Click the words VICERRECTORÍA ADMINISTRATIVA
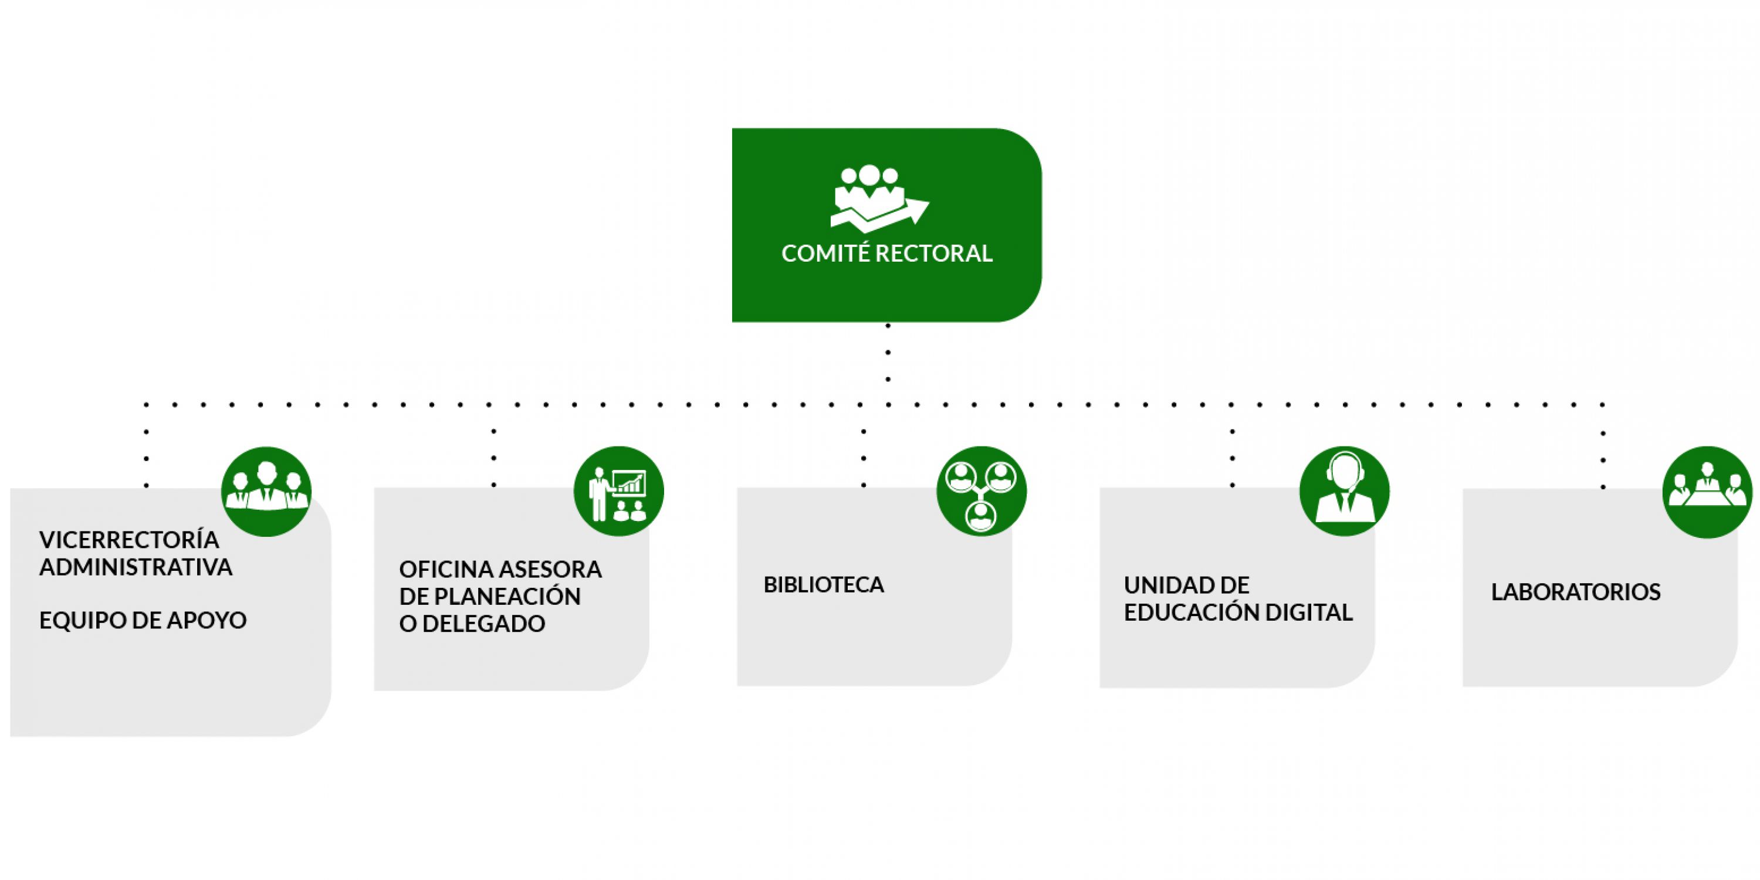coord(136,553)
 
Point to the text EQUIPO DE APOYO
coord(143,620)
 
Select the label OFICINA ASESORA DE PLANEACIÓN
coord(500,582)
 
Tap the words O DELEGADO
coord(472,624)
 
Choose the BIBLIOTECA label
coord(823,585)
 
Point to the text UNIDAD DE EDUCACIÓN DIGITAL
coord(1238,598)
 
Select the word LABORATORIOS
coord(1576,592)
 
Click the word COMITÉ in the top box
coord(825,253)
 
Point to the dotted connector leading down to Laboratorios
coord(1603,448)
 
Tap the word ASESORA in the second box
coord(551,569)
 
